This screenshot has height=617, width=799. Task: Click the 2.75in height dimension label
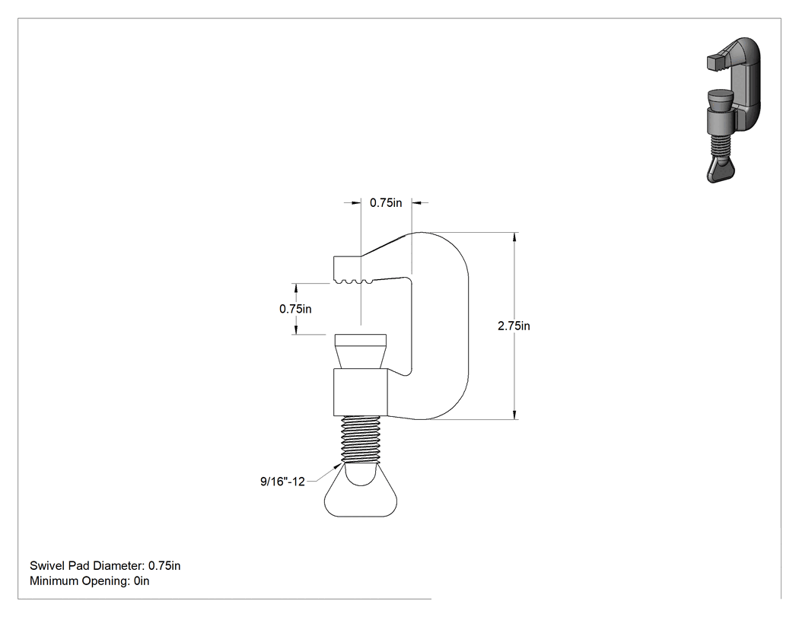click(x=514, y=326)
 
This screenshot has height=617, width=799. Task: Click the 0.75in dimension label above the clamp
click(x=386, y=203)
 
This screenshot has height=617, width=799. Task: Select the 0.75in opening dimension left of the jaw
click(x=295, y=309)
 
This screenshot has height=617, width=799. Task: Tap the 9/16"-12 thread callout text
click(x=282, y=482)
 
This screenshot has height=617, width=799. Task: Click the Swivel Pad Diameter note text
click(x=105, y=565)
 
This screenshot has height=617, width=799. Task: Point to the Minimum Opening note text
click(x=89, y=580)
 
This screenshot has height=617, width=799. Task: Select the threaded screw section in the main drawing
click(x=361, y=439)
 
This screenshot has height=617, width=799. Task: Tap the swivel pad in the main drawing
click(x=360, y=351)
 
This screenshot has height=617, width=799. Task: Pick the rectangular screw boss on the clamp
click(x=360, y=391)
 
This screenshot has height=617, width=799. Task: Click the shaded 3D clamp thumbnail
click(x=734, y=110)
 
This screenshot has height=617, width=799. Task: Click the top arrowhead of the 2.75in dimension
click(x=514, y=237)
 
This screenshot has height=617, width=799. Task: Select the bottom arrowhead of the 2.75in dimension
click(x=514, y=415)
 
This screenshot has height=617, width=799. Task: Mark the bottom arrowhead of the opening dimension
click(x=296, y=330)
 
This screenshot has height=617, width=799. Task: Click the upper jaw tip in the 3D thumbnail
click(x=715, y=62)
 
